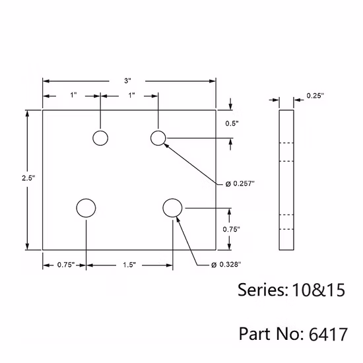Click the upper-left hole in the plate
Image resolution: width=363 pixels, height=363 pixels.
pyautogui.click(x=100, y=138)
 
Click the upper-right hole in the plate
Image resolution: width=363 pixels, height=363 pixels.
pyautogui.click(x=158, y=138)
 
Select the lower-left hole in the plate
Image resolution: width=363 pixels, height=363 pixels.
pyautogui.click(x=86, y=208)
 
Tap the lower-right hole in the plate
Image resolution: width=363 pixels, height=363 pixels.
pyautogui.click(x=172, y=208)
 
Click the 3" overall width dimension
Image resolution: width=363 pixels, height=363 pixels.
pyautogui.click(x=127, y=81)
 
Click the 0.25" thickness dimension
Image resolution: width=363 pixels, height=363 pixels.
pyautogui.click(x=315, y=96)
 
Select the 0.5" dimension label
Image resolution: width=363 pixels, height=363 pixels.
pyautogui.click(x=232, y=123)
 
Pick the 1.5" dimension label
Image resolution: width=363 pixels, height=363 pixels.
pyautogui.click(x=129, y=265)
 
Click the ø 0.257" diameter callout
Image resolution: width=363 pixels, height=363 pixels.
pyautogui.click(x=240, y=183)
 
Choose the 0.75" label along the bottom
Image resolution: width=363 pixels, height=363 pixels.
pyautogui.click(x=65, y=265)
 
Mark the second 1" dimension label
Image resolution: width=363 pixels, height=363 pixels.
pyautogui.click(x=131, y=96)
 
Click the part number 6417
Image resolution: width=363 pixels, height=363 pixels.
pyautogui.click(x=327, y=333)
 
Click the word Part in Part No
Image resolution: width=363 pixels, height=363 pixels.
pyautogui.click(x=253, y=333)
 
